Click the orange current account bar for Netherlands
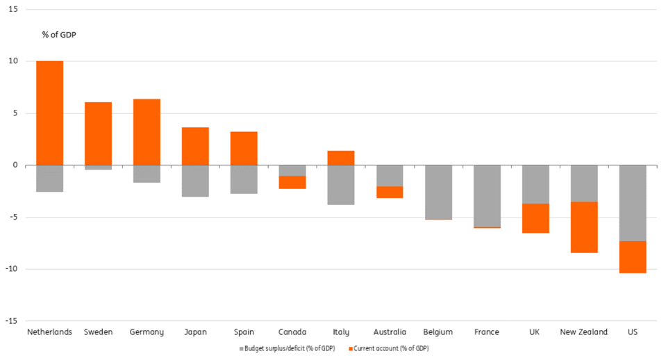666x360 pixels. [49, 113]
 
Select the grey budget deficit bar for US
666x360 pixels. [633, 203]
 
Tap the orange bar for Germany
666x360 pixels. [147, 132]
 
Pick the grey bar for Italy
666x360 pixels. [341, 185]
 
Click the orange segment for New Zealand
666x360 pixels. [584, 227]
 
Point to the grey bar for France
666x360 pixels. [487, 195]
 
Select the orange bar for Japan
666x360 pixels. [195, 146]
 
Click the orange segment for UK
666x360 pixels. [535, 218]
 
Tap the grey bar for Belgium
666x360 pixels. [438, 192]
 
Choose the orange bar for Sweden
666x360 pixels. [98, 133]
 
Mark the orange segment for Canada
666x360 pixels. [292, 182]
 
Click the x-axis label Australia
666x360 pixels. [390, 332]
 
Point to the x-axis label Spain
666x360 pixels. [244, 332]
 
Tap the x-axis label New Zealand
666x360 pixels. [583, 332]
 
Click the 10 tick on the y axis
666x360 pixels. [13, 61]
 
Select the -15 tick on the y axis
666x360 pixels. [11, 321]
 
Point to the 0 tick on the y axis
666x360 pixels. [15, 165]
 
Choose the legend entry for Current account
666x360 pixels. [391, 348]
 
